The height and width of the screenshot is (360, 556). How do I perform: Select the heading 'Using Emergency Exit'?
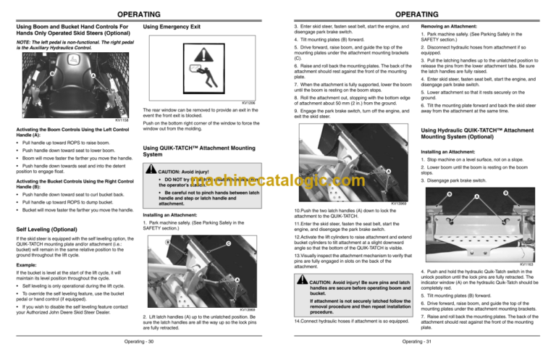[x=172, y=28]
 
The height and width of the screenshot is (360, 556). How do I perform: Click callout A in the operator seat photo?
[x=93, y=76]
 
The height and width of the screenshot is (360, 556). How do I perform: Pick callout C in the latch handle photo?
[x=229, y=243]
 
